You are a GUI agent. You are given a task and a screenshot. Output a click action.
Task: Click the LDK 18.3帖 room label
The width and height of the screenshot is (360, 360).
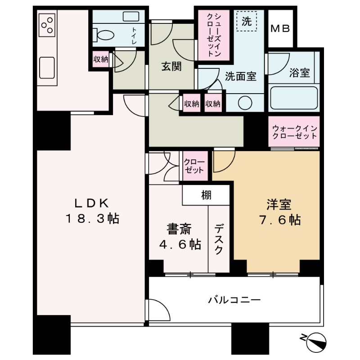tap(92, 211)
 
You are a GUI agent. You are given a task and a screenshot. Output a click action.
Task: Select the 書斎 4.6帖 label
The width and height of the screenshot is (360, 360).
tap(180, 237)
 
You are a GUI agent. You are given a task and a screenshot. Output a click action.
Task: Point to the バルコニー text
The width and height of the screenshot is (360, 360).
tap(234, 299)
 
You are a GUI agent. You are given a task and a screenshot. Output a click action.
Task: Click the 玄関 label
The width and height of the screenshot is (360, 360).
tap(171, 67)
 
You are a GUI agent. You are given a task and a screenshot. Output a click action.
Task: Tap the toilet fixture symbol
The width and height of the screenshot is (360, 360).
tap(102, 34)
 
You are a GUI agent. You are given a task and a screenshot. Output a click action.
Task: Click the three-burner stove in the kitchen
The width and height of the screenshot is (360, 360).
tap(47, 25)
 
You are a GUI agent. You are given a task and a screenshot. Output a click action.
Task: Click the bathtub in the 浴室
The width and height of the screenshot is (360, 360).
tap(294, 98)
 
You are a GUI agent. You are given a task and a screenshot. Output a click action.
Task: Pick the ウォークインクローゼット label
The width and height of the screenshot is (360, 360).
tap(294, 132)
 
